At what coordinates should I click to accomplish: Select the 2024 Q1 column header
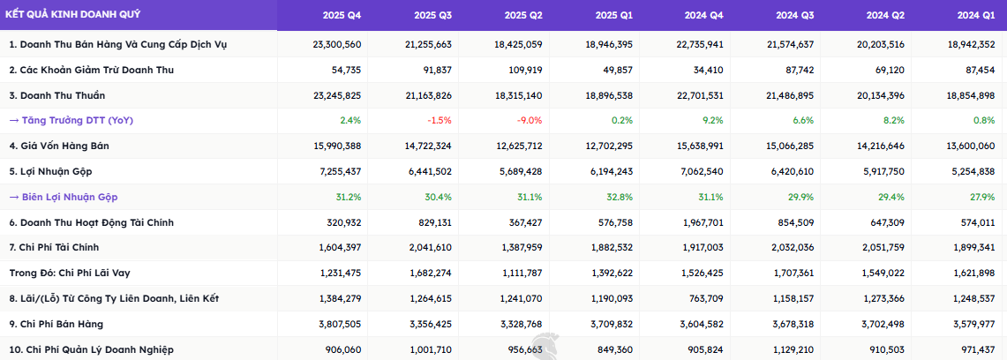(975, 15)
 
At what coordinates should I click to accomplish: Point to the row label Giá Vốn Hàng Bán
(59, 146)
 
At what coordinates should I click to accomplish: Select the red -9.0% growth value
(530, 120)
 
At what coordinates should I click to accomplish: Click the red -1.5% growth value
(440, 120)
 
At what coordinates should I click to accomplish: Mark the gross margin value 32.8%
(620, 197)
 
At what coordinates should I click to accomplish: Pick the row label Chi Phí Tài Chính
(56, 248)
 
